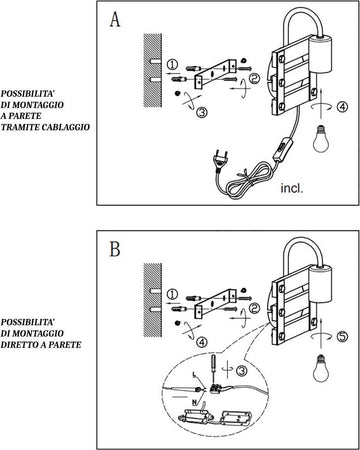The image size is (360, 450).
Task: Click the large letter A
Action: (x=115, y=20)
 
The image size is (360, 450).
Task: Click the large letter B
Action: (x=115, y=249)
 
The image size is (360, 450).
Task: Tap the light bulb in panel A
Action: (x=321, y=139)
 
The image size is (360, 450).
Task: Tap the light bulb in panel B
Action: (x=321, y=368)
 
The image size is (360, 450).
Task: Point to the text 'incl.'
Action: (x=292, y=188)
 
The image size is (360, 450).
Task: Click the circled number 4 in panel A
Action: (x=342, y=107)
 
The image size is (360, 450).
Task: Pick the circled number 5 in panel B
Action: (x=342, y=336)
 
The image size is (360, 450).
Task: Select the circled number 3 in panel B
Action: (x=242, y=371)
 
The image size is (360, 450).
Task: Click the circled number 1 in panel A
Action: (x=172, y=64)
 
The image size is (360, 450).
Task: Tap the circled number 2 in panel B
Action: (x=255, y=308)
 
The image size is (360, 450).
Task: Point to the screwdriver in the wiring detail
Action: (x=213, y=369)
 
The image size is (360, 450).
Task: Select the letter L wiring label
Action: (x=194, y=375)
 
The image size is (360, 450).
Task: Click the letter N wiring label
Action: (x=194, y=403)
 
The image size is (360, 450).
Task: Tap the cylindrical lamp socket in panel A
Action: (x=321, y=53)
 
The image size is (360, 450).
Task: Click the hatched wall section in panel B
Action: (x=153, y=300)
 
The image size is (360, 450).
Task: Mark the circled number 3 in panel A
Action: (x=202, y=112)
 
